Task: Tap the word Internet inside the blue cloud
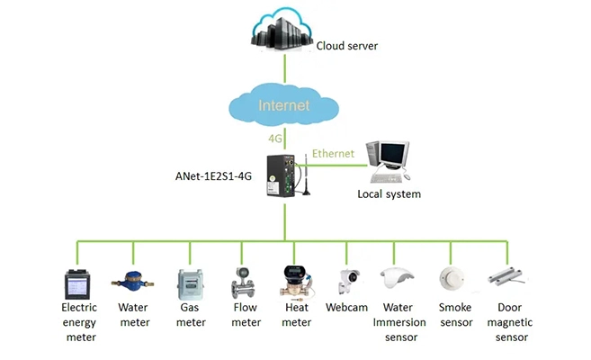click(284, 105)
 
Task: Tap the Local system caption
click(389, 193)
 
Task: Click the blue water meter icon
click(132, 280)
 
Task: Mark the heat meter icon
click(296, 280)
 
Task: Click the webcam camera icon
click(348, 281)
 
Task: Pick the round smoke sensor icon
click(452, 278)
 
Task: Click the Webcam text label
click(347, 308)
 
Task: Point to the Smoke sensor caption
click(455, 315)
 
